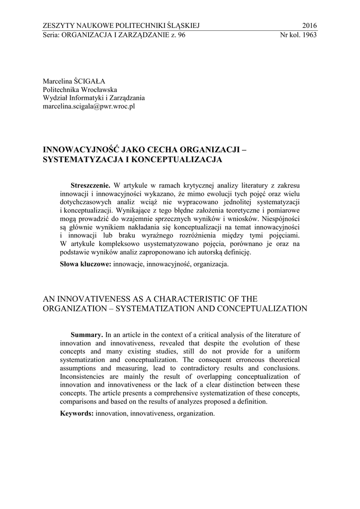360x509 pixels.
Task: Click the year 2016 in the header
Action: pos(309,26)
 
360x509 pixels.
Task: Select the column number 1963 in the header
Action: pos(308,35)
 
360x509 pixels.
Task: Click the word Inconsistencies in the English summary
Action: pos(83,377)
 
